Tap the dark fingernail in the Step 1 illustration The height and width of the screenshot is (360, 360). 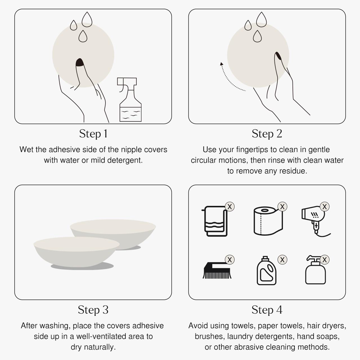click(80, 62)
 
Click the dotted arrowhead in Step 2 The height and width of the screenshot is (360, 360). click(222, 64)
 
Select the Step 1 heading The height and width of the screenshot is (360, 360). click(93, 134)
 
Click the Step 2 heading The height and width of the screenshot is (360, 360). click(267, 134)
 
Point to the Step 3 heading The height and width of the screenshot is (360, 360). click(93, 310)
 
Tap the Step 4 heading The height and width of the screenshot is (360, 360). click(267, 310)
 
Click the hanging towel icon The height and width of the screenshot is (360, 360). click(215, 221)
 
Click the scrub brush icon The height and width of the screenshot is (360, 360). click(217, 270)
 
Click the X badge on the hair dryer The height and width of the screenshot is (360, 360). click(325, 207)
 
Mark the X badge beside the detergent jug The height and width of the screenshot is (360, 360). click(282, 260)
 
